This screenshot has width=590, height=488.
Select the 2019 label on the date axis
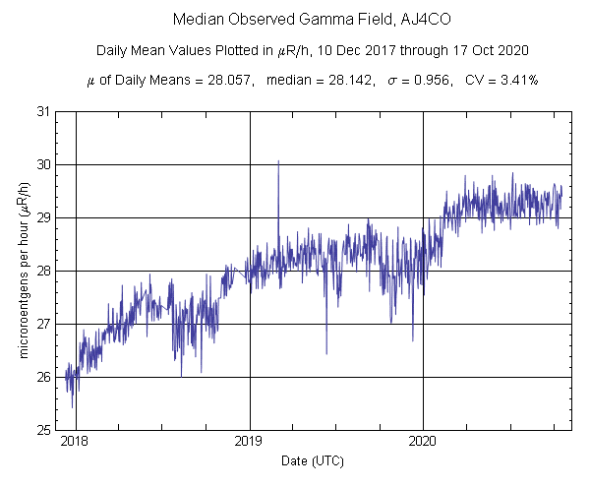(250, 443)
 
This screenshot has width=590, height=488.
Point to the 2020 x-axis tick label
(423, 443)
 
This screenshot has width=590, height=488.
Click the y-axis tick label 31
(44, 111)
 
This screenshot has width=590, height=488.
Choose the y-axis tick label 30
(44, 164)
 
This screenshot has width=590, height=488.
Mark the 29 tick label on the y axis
(44, 217)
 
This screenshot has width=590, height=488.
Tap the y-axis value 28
(44, 271)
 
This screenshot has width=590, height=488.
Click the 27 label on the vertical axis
(44, 324)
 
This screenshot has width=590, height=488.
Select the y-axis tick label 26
(44, 377)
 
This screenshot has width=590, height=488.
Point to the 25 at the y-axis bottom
(44, 430)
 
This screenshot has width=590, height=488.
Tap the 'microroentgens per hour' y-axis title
(22, 271)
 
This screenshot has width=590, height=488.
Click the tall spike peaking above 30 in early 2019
(278, 163)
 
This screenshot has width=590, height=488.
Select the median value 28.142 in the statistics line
(350, 80)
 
